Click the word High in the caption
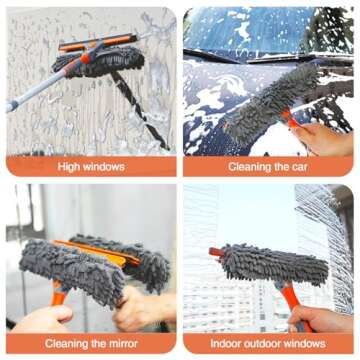(x=69, y=166)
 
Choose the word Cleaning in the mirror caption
(x=64, y=343)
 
